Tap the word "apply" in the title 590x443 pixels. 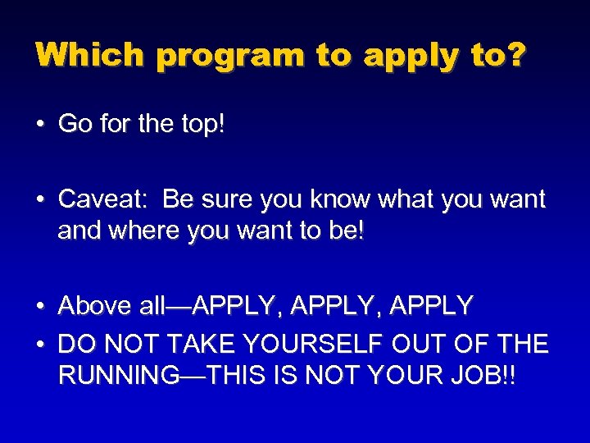tap(408, 56)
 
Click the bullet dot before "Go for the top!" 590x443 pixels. tap(39, 125)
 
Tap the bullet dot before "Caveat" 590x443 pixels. tap(39, 200)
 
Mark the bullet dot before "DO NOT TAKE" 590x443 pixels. tap(39, 344)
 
